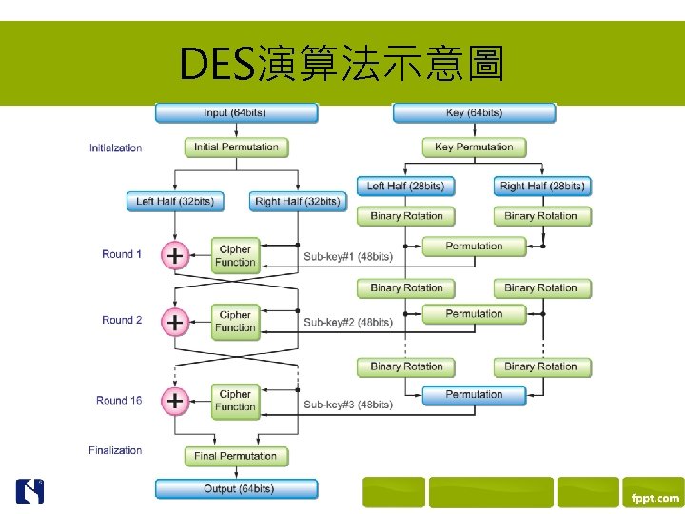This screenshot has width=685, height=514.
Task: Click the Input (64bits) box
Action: click(x=236, y=113)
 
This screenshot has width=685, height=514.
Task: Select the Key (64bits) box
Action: click(x=474, y=113)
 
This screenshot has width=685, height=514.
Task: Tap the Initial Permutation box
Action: click(x=236, y=148)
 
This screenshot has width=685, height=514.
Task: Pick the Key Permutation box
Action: click(x=474, y=148)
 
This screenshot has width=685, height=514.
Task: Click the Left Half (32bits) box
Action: click(x=174, y=201)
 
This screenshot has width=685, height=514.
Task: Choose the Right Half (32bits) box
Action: click(x=298, y=201)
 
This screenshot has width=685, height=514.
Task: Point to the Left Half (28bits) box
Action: click(x=405, y=186)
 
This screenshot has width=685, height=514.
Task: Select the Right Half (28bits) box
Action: click(x=542, y=186)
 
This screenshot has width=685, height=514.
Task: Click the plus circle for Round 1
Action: click(x=175, y=255)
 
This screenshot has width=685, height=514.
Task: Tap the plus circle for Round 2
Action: click(x=175, y=322)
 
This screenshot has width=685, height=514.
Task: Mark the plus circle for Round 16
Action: click(x=175, y=401)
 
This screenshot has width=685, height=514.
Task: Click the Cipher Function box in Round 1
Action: click(x=235, y=256)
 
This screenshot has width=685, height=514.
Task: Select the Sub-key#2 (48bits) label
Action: click(x=348, y=323)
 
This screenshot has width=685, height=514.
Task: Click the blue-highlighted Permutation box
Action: click(x=474, y=394)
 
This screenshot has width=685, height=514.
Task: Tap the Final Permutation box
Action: click(x=236, y=456)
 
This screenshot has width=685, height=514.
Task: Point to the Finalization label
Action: click(x=115, y=450)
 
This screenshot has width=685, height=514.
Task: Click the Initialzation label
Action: click(x=115, y=148)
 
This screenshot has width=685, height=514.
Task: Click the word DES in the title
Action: click(x=214, y=65)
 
